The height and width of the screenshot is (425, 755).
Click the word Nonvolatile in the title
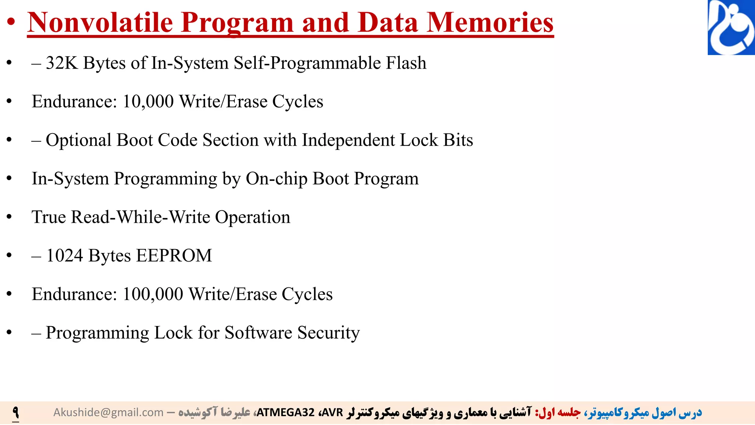[x=100, y=23]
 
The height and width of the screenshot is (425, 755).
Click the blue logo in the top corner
[x=731, y=27]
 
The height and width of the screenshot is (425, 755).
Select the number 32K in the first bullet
[x=62, y=63]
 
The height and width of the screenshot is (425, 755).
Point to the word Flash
[x=406, y=63]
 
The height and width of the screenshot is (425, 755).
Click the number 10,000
[x=148, y=101]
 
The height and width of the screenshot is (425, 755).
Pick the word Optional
[x=79, y=140]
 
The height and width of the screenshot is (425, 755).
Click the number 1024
[x=65, y=256]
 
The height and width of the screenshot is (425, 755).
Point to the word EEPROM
[x=174, y=256]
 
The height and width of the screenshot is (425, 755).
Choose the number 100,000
[x=153, y=294]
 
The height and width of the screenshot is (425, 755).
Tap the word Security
[x=328, y=333]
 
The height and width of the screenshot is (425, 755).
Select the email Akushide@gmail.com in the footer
[x=108, y=412]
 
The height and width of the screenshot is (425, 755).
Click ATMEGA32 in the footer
[x=285, y=412]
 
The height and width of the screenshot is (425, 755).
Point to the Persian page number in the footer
[x=15, y=412]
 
